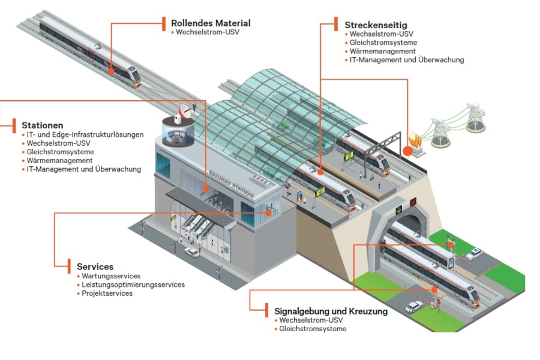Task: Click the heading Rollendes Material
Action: (x=210, y=23)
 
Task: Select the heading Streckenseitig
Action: (x=376, y=25)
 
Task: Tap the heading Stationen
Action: (x=42, y=125)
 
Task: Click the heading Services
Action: (x=95, y=266)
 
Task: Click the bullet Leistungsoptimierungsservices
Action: (x=133, y=284)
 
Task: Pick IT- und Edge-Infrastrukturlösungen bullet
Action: (x=85, y=135)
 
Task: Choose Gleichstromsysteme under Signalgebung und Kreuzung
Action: (x=313, y=329)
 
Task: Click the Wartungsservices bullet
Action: (x=111, y=275)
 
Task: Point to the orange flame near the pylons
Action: (x=413, y=143)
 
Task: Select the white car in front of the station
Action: (x=191, y=253)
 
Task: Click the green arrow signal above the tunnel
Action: (x=399, y=210)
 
